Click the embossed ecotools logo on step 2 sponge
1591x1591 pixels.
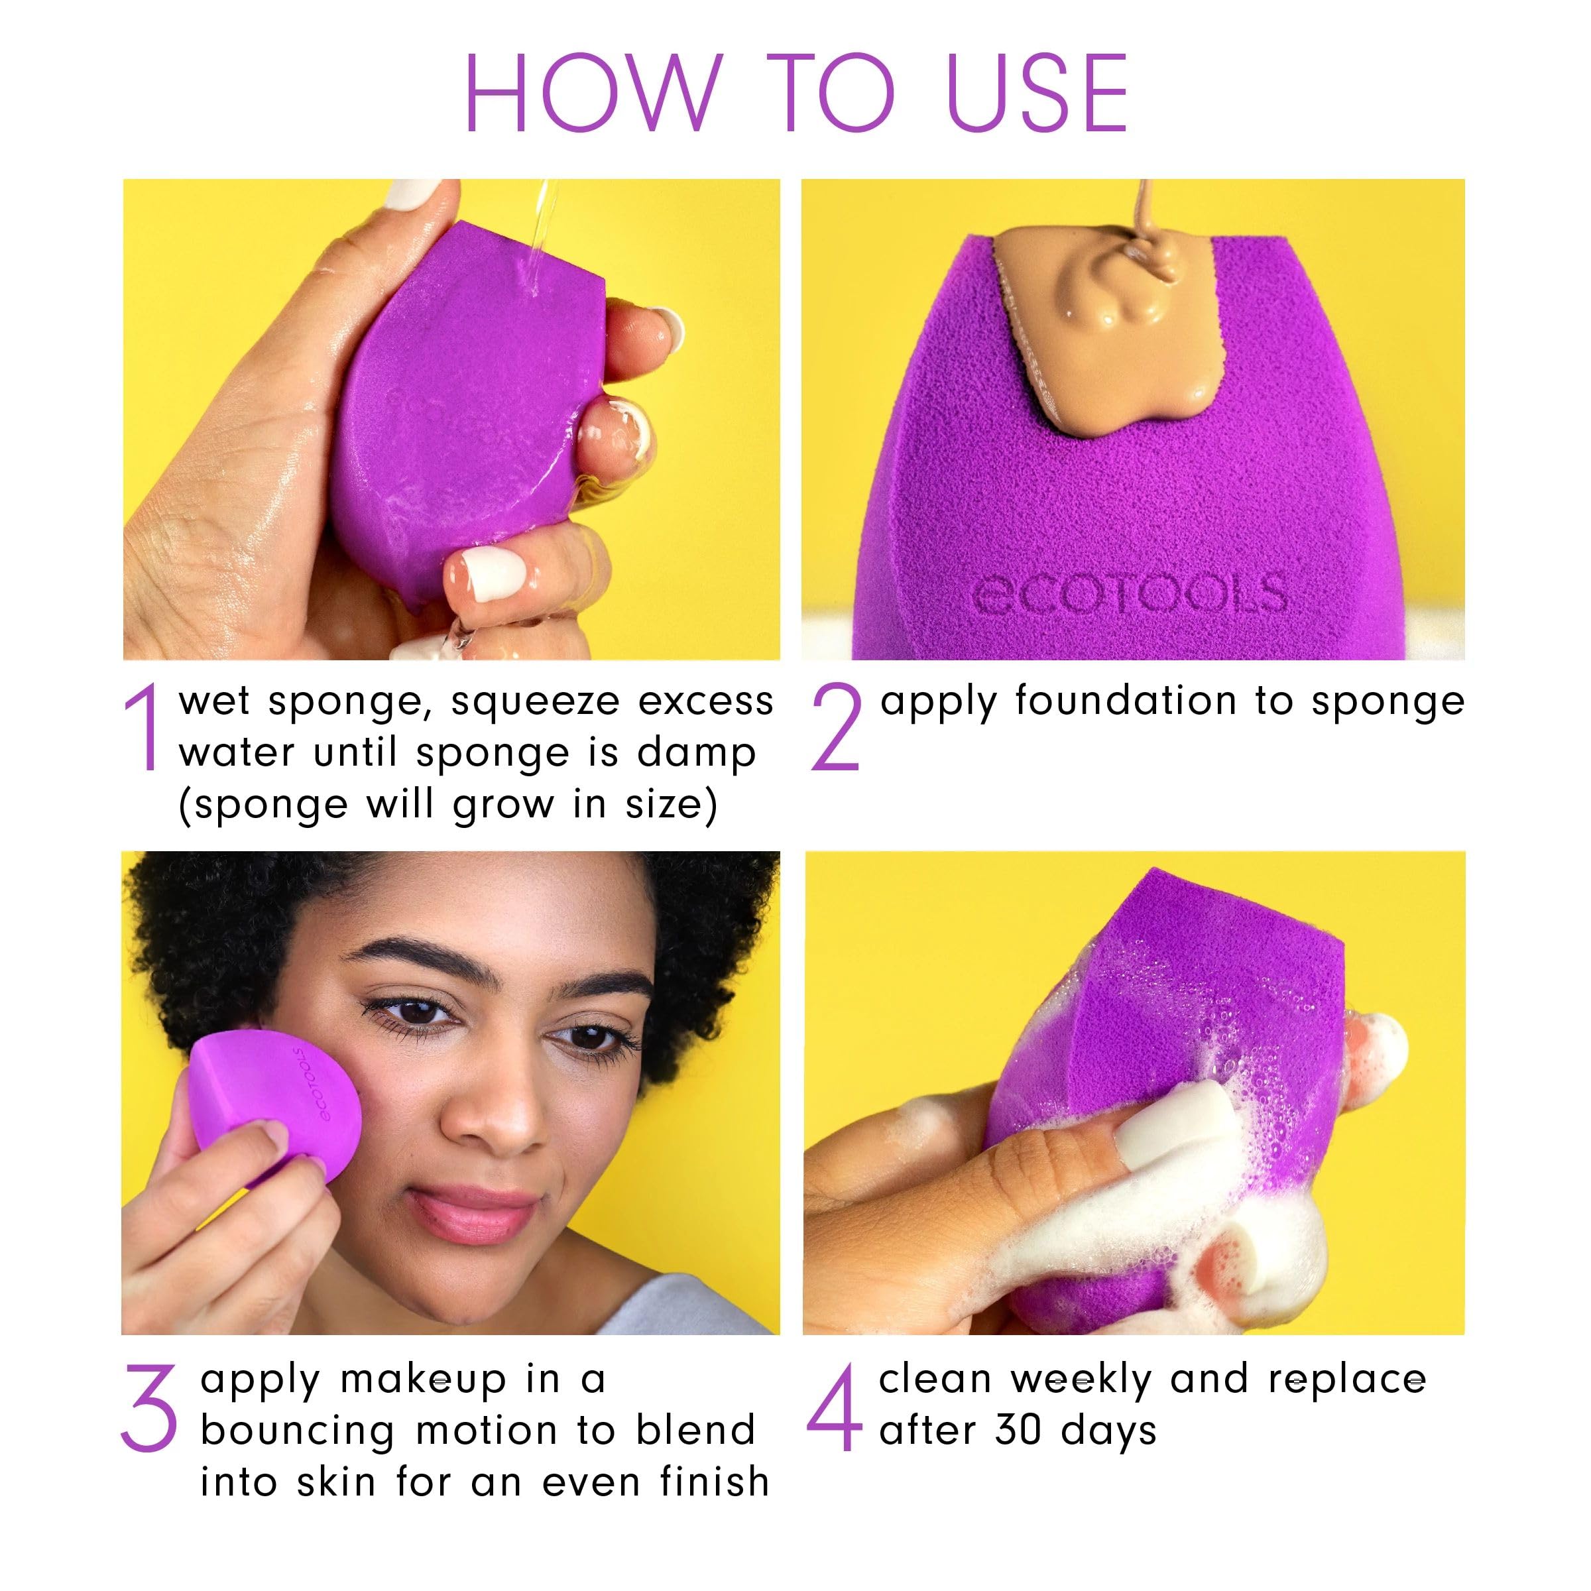1129,593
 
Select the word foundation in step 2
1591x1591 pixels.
1125,701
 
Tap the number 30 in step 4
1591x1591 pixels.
1019,1431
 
